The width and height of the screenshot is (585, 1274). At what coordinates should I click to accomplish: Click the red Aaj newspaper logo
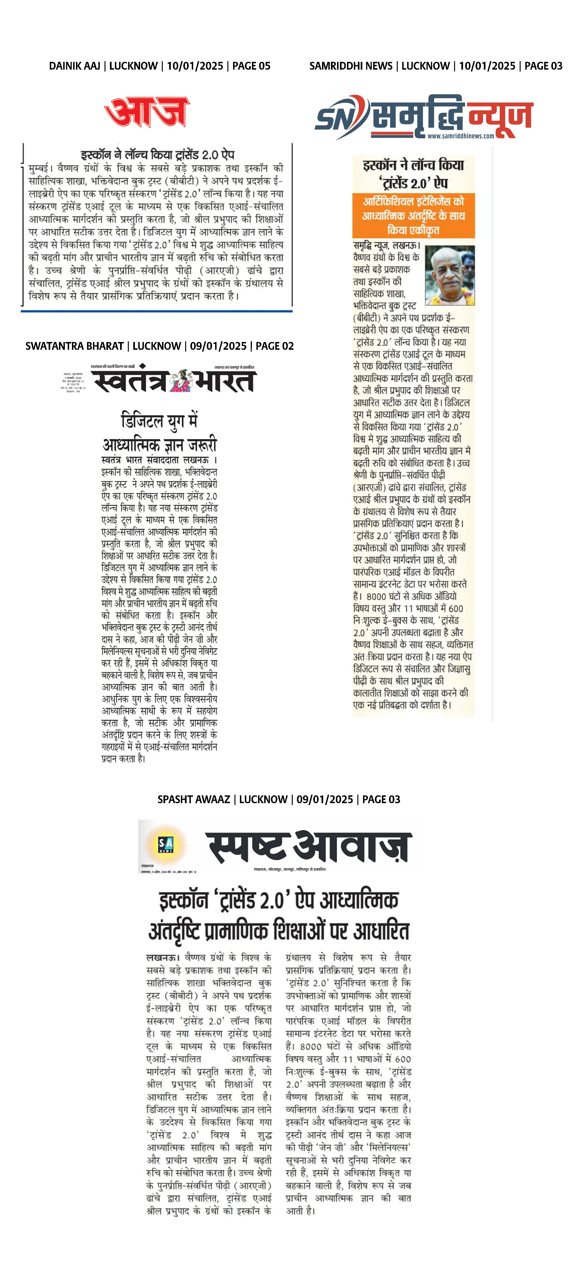(x=147, y=112)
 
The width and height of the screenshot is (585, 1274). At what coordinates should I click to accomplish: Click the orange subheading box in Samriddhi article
(x=414, y=216)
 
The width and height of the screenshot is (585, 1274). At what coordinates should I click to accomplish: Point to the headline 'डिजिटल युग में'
(x=159, y=421)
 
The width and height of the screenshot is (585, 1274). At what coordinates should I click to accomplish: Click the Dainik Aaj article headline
(x=157, y=155)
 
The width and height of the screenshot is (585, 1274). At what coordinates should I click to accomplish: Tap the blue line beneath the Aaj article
(x=157, y=311)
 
